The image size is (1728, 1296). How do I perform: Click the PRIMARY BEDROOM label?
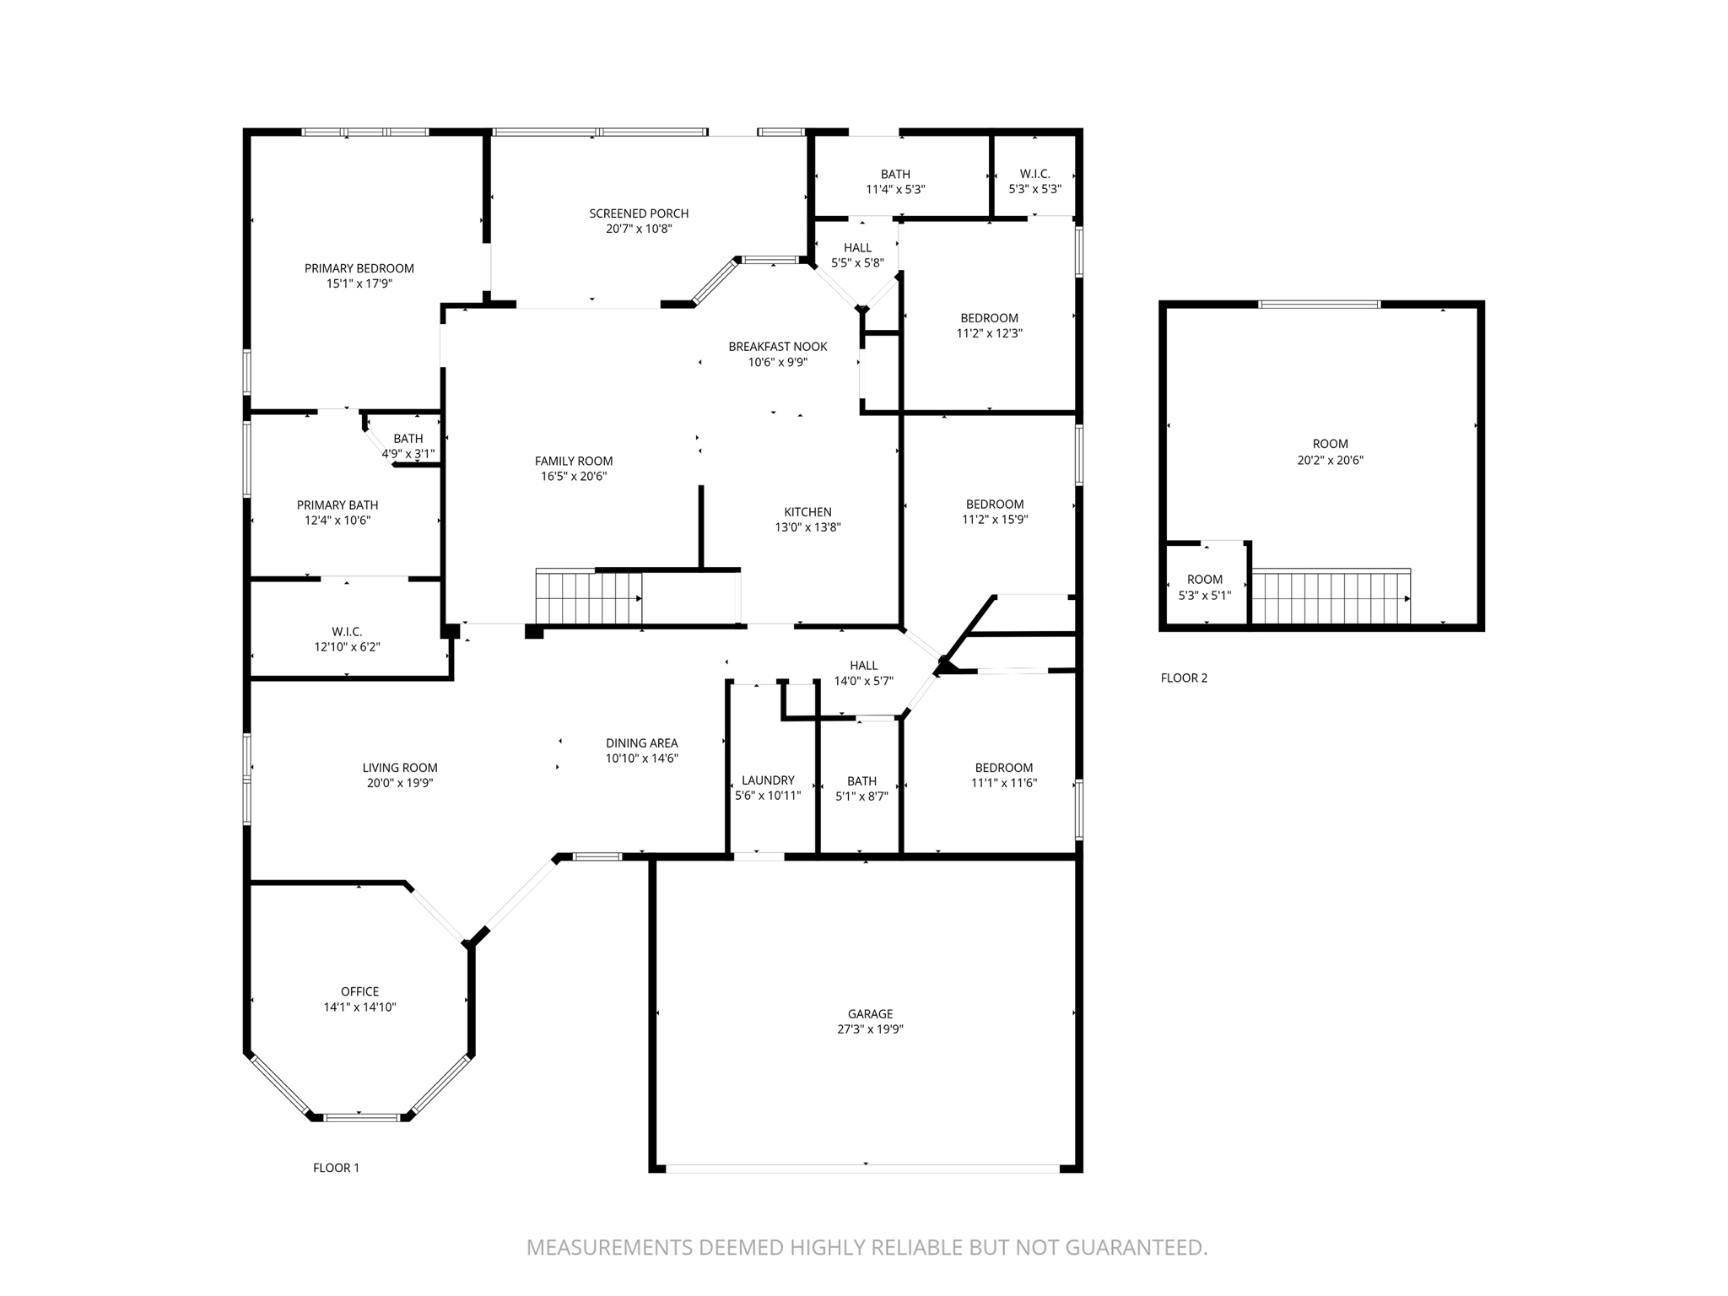[x=359, y=268]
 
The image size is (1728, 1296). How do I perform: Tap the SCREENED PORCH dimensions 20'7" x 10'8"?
[x=639, y=229]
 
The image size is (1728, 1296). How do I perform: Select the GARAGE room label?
[x=870, y=1014]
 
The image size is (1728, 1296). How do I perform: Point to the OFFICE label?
[x=359, y=991]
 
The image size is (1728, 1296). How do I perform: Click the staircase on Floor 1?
[x=588, y=597]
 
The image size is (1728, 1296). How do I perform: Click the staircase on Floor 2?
[x=1330, y=597]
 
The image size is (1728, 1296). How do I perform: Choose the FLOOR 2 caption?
[x=1184, y=678]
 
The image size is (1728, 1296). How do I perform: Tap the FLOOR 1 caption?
[x=336, y=1168]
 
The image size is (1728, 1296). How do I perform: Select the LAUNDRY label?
[x=768, y=780]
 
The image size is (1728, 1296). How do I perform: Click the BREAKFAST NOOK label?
[x=778, y=347]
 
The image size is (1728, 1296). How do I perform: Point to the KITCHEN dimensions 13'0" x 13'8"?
[x=807, y=527]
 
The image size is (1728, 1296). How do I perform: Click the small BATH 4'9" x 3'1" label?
[x=408, y=439]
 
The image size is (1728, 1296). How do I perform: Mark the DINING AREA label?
[x=641, y=743]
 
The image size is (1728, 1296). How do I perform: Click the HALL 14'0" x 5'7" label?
[x=863, y=666]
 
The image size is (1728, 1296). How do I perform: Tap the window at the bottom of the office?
[x=362, y=1117]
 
